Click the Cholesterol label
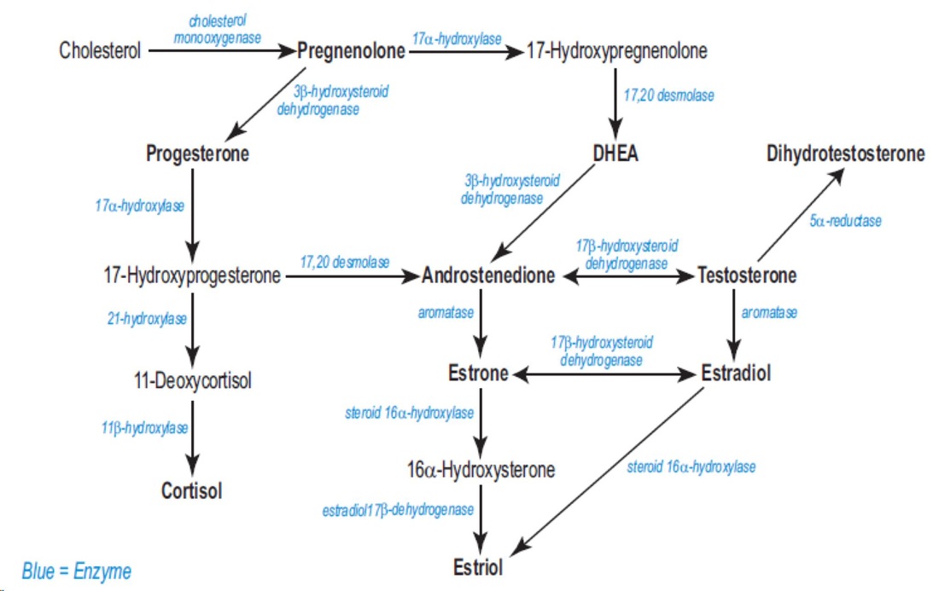click(100, 51)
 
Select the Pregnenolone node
click(351, 51)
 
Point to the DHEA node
click(615, 154)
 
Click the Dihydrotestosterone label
click(845, 154)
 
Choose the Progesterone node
click(197, 154)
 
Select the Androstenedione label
click(489, 275)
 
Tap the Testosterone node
click(747, 275)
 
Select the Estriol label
click(478, 567)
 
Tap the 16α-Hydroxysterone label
click(481, 469)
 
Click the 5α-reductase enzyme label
click(845, 221)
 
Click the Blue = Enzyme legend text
click(77, 571)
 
